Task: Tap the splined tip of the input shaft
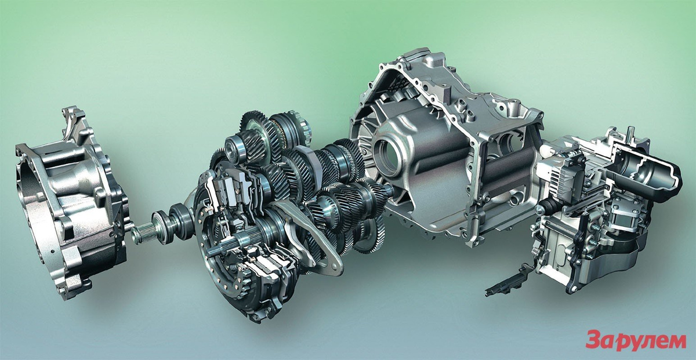tap(143, 232)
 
